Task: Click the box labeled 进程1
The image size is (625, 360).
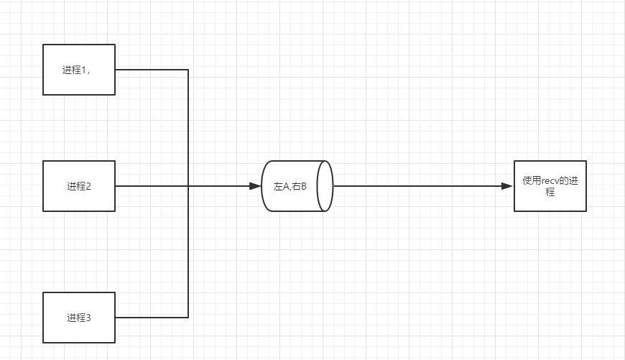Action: [x=79, y=70]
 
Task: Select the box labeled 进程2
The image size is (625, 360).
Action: [x=79, y=186]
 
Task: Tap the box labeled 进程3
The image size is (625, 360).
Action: [x=79, y=317]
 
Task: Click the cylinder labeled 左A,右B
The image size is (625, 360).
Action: [x=295, y=186]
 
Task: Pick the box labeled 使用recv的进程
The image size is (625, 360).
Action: [x=550, y=186]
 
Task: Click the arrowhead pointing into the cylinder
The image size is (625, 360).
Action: [x=254, y=186]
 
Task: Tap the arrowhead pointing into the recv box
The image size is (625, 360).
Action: [x=507, y=186]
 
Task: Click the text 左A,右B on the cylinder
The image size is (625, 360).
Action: [x=290, y=186]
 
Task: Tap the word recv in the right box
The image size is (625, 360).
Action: [x=550, y=181]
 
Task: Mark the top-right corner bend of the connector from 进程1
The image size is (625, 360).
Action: [x=188, y=70]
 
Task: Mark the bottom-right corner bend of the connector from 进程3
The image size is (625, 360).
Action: [x=188, y=317]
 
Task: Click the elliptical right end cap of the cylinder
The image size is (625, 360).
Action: [x=326, y=186]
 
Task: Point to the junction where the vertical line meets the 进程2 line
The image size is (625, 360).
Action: [x=188, y=186]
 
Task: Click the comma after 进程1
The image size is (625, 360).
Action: [x=88, y=72]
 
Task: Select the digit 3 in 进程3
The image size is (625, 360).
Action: [x=88, y=317]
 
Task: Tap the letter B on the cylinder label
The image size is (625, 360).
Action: [x=303, y=186]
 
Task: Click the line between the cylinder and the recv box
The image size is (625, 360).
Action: [x=417, y=186]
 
